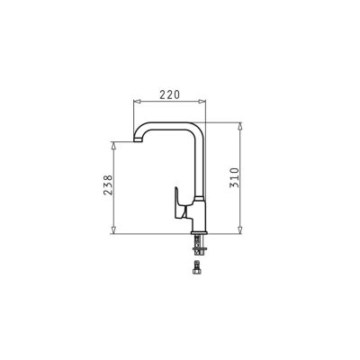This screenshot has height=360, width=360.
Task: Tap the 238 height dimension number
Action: pos(108,185)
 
